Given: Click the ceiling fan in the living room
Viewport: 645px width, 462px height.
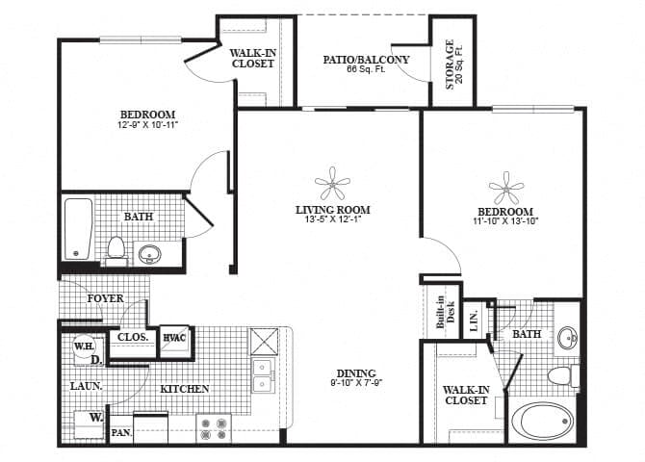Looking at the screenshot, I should pos(333,182).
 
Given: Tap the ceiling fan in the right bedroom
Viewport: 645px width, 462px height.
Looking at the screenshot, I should pos(504,187).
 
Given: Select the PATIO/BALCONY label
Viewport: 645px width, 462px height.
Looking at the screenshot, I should pos(365,60).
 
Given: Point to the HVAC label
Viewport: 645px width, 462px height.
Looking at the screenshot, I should pos(174,337).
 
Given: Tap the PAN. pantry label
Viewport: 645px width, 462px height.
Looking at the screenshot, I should pos(120,433).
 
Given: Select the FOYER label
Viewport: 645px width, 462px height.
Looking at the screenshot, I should pos(105,298).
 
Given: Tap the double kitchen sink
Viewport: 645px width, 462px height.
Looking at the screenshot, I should pos(261,375).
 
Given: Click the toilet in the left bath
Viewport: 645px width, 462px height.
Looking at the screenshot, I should pos(116,249).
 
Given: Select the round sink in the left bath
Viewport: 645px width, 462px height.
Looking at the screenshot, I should pos(150,254).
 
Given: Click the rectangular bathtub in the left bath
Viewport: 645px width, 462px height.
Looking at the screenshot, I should pos(77,228).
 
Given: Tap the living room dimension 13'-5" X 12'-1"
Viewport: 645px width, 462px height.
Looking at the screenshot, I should pos(333,220).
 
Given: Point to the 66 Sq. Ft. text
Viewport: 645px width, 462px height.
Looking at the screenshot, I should pos(364,71).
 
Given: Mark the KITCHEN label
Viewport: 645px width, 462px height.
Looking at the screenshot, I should pos(185,389).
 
